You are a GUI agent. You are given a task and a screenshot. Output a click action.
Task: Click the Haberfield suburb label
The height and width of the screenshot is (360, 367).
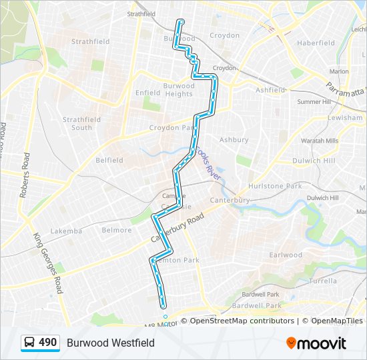pos(316,43)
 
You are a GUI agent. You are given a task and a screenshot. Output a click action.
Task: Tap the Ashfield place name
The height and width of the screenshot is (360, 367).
pos(270,90)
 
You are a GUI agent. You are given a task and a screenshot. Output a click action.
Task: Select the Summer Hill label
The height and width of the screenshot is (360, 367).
pos(314,102)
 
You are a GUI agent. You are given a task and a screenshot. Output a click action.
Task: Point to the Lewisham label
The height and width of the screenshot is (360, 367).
pos(345,117)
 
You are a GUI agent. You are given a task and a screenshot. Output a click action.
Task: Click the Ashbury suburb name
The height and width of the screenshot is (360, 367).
pos(234,140)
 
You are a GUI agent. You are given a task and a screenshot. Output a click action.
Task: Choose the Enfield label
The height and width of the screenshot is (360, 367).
pos(148,93)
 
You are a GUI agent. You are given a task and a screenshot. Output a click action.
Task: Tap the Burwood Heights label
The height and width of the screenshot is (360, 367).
pos(178,90)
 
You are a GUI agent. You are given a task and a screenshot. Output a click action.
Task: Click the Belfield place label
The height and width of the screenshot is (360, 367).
pos(109,160)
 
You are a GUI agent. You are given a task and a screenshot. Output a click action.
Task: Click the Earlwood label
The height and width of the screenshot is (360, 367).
pos(286,255)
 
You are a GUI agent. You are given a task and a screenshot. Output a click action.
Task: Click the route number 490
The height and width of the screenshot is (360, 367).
pos(47,342)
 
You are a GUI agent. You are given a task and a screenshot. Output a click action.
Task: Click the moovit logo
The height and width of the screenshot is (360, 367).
pos(316,343)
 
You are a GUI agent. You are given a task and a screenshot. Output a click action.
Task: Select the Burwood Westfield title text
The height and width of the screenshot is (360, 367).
pos(110,343)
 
